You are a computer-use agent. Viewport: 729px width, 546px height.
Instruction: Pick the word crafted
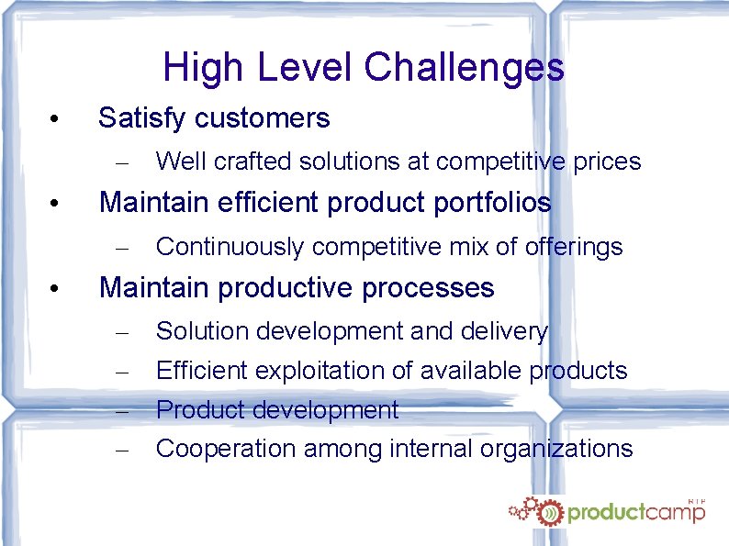point(245,162)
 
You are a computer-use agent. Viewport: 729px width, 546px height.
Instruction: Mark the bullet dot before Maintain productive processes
point(56,290)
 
